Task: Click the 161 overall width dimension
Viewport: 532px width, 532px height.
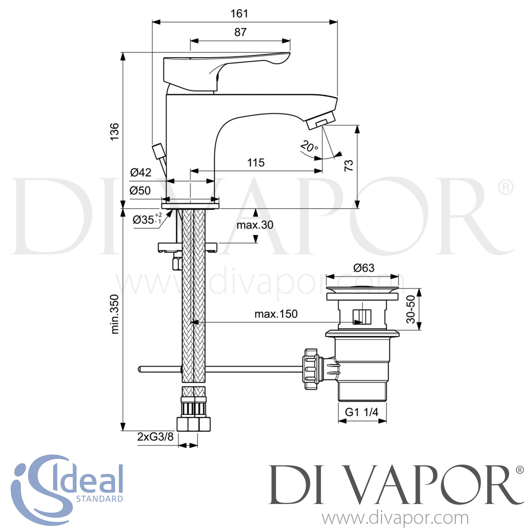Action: pos(239,14)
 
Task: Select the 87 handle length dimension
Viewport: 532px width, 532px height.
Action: pos(240,32)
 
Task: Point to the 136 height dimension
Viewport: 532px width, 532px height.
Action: pos(114,132)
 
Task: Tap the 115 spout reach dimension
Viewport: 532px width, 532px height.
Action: pos(256,163)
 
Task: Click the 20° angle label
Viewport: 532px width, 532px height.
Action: pos(309,146)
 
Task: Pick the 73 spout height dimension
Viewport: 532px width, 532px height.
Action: pos(349,165)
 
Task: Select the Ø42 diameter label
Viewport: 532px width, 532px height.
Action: pos(140,172)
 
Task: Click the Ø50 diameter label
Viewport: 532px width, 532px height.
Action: pos(140,191)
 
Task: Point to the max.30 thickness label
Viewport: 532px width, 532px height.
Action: pos(255,225)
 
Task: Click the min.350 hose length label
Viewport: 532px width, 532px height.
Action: pos(115,314)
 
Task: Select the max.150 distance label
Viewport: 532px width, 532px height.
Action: pos(276,314)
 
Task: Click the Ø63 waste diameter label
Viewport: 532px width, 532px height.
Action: pos(364,268)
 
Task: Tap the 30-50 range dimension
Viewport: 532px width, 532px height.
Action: pos(410,309)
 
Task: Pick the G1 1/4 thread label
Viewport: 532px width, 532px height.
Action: pos(361,412)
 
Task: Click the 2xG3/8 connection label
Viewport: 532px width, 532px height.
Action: pos(155,437)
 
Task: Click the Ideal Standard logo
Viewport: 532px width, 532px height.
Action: pos(67,489)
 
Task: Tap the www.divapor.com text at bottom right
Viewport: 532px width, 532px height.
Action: pos(395,518)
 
